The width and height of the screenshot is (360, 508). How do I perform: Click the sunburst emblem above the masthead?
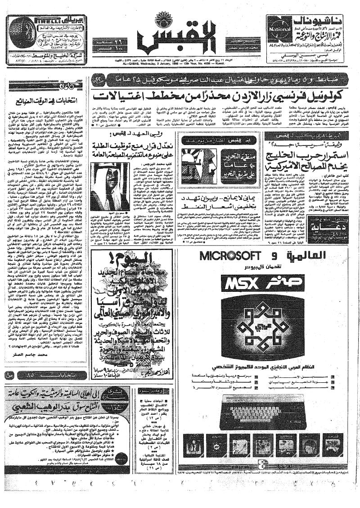click(x=163, y=21)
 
